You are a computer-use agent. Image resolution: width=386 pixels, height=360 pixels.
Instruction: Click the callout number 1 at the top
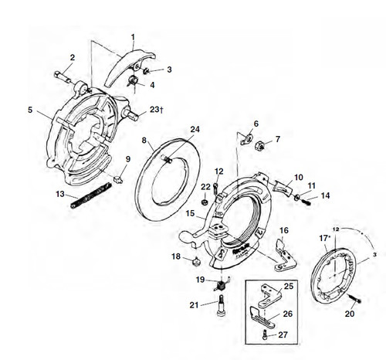tap(132, 36)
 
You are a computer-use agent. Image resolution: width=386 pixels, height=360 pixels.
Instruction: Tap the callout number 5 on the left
tap(30, 110)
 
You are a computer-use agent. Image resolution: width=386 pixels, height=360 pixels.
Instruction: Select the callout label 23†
tap(156, 110)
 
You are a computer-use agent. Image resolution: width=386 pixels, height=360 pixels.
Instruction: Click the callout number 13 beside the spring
tap(60, 194)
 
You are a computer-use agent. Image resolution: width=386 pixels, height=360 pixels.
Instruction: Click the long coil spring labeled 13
tap(85, 200)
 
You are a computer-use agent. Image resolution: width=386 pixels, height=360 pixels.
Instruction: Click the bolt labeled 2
tap(65, 76)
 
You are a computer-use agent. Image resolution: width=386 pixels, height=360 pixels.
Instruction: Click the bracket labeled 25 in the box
tap(267, 294)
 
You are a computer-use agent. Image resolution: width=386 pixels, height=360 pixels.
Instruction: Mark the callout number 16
tap(283, 230)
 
